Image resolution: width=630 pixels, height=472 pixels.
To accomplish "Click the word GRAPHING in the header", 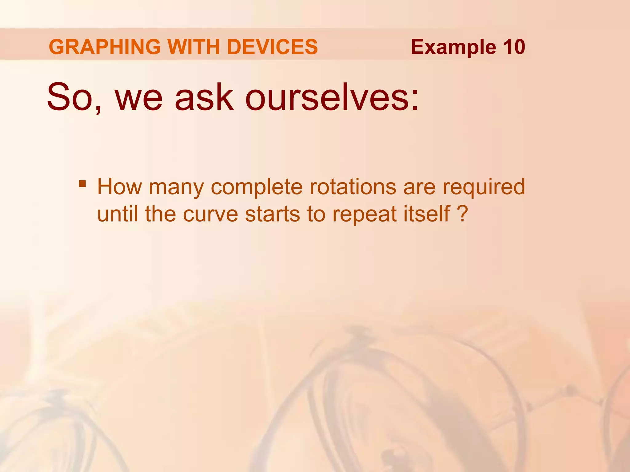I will (x=105, y=47).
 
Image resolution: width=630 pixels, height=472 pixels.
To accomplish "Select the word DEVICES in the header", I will (x=272, y=47).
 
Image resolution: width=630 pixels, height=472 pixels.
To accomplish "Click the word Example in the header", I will (x=453, y=47).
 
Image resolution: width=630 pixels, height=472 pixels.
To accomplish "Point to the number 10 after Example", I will (x=514, y=47).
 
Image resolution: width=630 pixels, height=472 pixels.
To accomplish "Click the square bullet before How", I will (x=82, y=184).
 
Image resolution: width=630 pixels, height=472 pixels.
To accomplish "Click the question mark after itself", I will (x=462, y=214).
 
